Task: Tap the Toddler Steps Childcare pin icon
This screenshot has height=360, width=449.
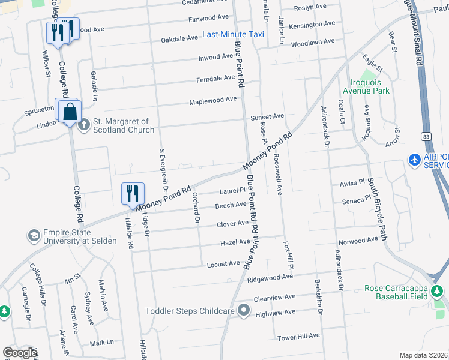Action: [x=243, y=310]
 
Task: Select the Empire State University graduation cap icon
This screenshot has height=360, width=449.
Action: [x=34, y=235]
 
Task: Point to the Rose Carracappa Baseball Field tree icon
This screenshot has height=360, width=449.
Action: [x=437, y=292]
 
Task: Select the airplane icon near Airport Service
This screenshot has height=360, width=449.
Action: [x=414, y=160]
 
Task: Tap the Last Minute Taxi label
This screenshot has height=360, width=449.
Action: [x=234, y=34]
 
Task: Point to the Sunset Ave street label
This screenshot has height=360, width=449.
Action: [x=267, y=116]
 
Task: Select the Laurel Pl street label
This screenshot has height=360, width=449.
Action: [x=233, y=191]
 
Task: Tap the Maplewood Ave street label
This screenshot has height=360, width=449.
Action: [x=213, y=100]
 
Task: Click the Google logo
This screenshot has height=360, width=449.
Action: [x=19, y=353]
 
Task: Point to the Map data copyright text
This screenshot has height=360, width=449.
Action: [x=423, y=355]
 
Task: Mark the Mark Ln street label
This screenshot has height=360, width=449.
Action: [x=101, y=343]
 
